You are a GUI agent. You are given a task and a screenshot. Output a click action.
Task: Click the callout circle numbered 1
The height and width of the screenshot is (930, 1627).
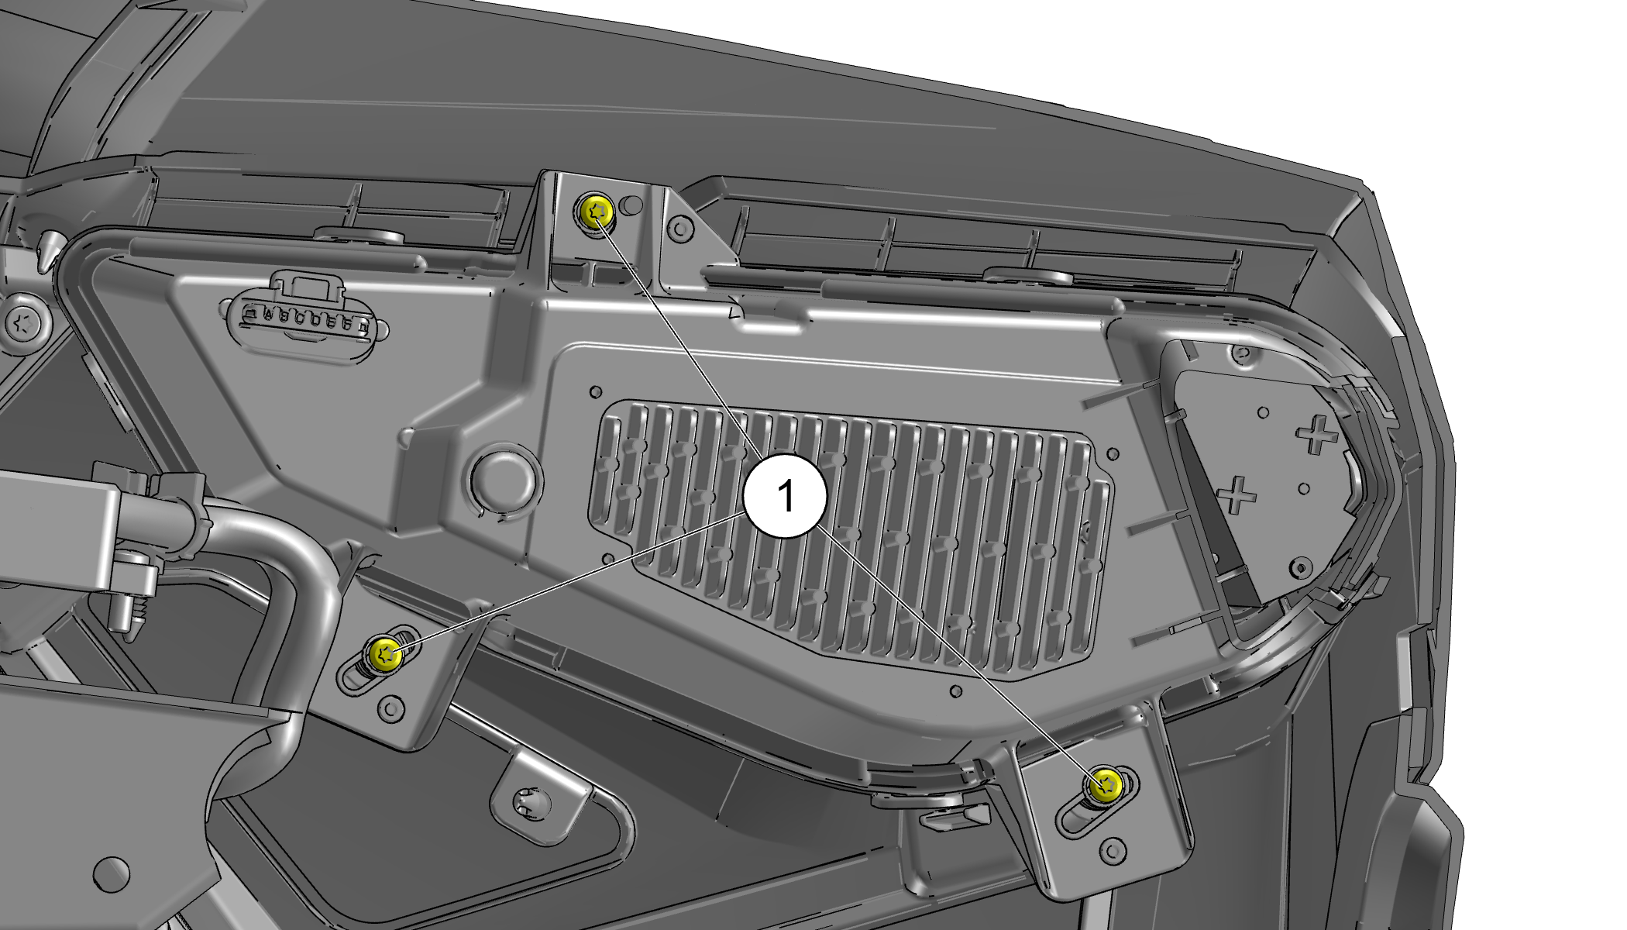point(785,495)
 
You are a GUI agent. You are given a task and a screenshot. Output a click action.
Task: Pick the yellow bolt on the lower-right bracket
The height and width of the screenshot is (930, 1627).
point(1106,787)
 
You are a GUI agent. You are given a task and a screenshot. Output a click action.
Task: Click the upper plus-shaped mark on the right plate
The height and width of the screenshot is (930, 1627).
point(1316,435)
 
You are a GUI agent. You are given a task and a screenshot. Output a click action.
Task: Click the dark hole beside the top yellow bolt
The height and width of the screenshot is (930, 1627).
point(632,205)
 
